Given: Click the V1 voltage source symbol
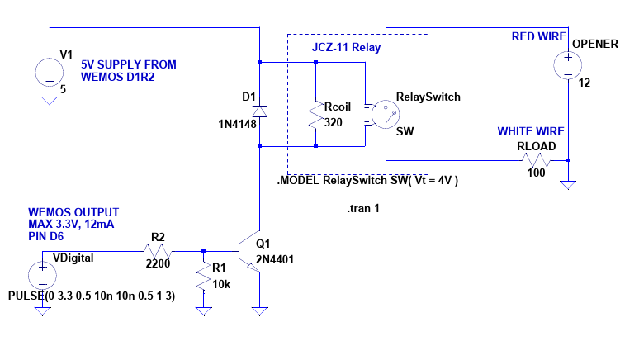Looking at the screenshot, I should click(47, 71).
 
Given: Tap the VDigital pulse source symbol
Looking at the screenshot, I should click(39, 275).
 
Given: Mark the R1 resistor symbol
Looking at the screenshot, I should click(202, 277).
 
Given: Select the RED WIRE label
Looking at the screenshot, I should click(538, 37).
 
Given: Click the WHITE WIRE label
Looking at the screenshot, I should click(530, 131).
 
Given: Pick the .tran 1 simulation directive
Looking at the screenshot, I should click(363, 209).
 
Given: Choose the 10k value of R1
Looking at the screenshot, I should click(220, 285).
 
